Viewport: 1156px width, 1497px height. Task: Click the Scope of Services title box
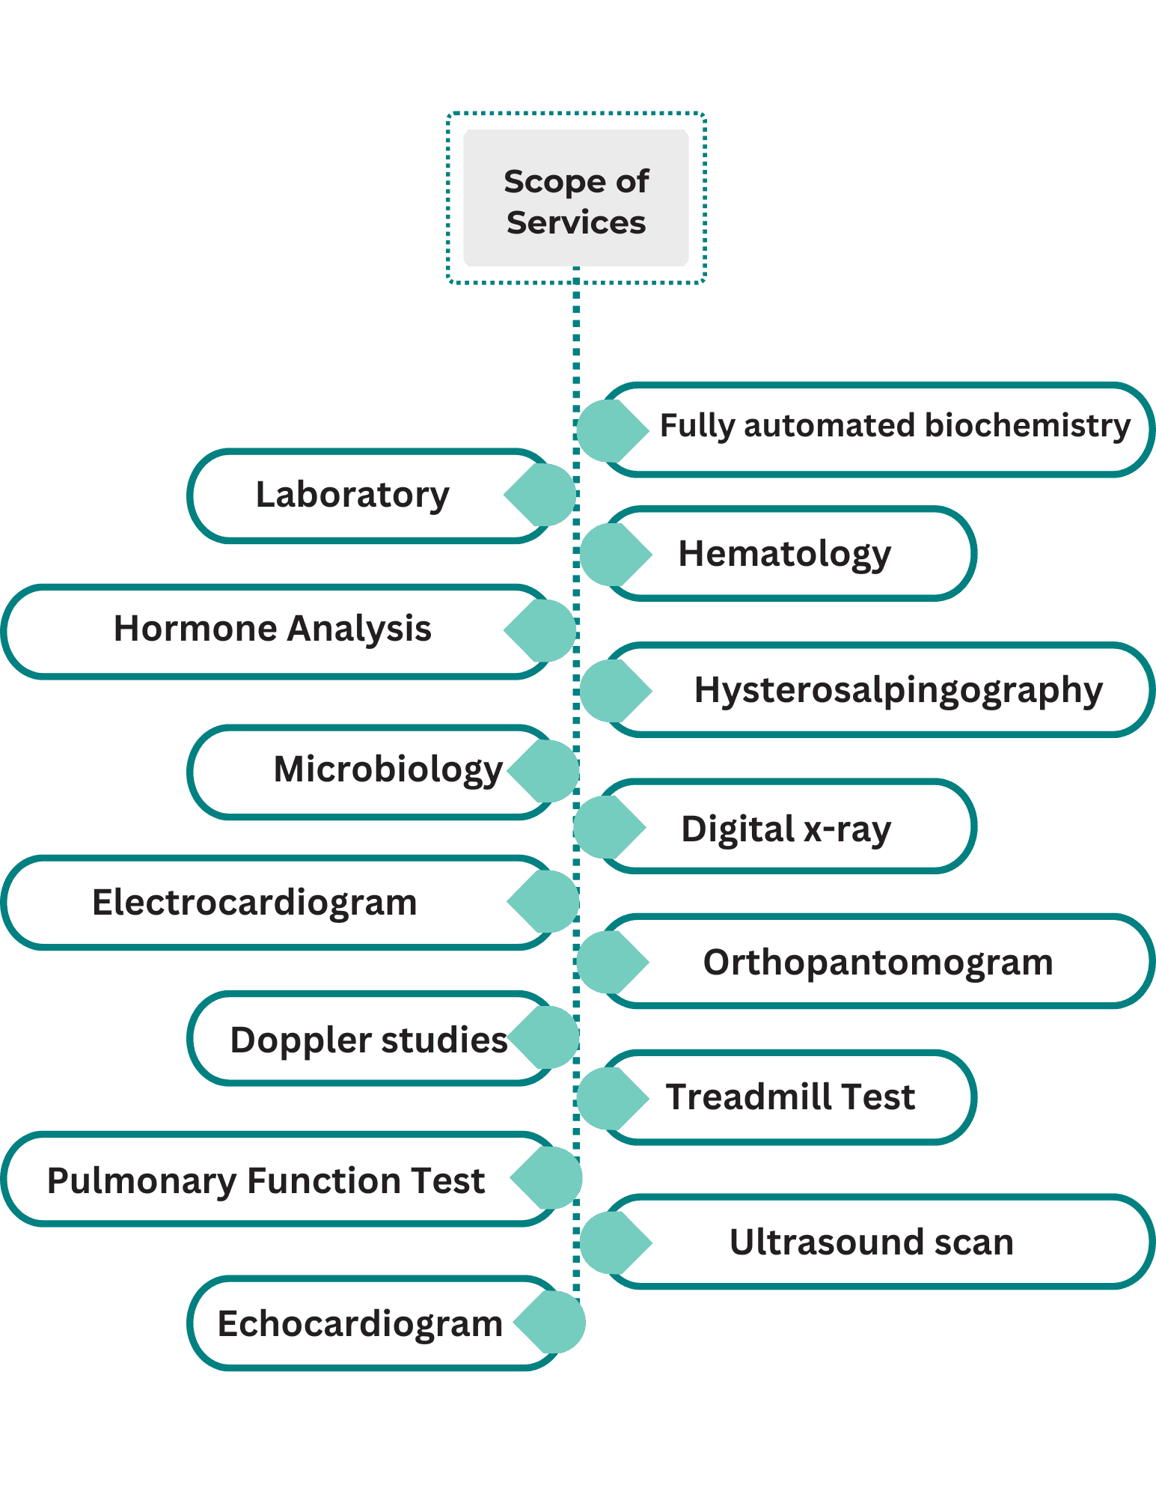coord(576,198)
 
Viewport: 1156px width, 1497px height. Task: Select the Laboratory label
coord(352,495)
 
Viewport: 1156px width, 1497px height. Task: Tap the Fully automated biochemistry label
coord(895,426)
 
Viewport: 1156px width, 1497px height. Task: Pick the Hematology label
coord(784,555)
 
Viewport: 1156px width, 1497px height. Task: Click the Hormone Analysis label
coord(272,629)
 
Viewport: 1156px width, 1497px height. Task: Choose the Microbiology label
coord(388,770)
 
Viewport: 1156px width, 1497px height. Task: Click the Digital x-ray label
coord(786,829)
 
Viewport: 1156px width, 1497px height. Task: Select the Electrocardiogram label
coord(254,903)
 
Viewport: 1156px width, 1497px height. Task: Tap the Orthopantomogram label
coord(878,963)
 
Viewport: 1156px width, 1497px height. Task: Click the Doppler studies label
coord(369,1040)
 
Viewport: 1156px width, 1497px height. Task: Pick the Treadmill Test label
coord(790,1097)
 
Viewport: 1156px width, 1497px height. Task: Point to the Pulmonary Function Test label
coord(266,1181)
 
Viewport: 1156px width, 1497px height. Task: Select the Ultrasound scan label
coord(872,1243)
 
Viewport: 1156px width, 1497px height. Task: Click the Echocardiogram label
coord(360,1324)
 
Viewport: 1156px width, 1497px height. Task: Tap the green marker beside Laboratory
coord(539,495)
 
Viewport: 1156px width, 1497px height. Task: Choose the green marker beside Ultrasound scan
coord(616,1243)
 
